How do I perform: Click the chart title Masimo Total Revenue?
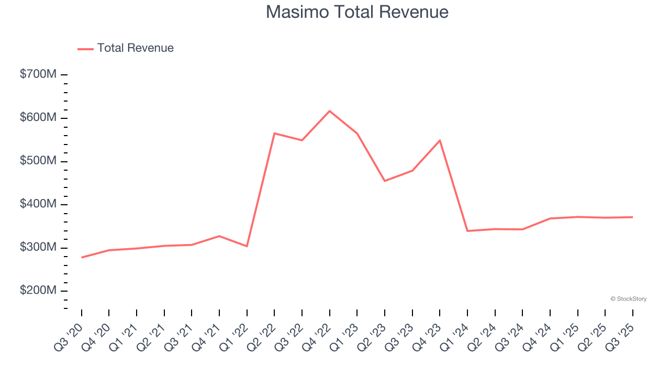(x=357, y=12)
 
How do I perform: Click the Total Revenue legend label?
(x=135, y=48)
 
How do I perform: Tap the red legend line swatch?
(x=85, y=49)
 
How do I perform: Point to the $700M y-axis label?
(x=38, y=74)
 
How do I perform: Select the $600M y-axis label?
(x=38, y=118)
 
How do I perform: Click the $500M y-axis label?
(x=38, y=161)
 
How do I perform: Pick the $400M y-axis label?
(x=38, y=204)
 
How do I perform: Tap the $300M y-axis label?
(x=38, y=247)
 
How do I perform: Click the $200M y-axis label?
(x=38, y=291)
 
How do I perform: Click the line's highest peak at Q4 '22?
(x=330, y=111)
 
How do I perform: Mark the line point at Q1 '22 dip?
(x=247, y=246)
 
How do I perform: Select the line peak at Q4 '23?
(x=440, y=140)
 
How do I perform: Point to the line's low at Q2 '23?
(x=385, y=181)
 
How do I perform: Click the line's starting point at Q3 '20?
(x=82, y=258)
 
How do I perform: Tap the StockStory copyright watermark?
(x=628, y=299)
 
